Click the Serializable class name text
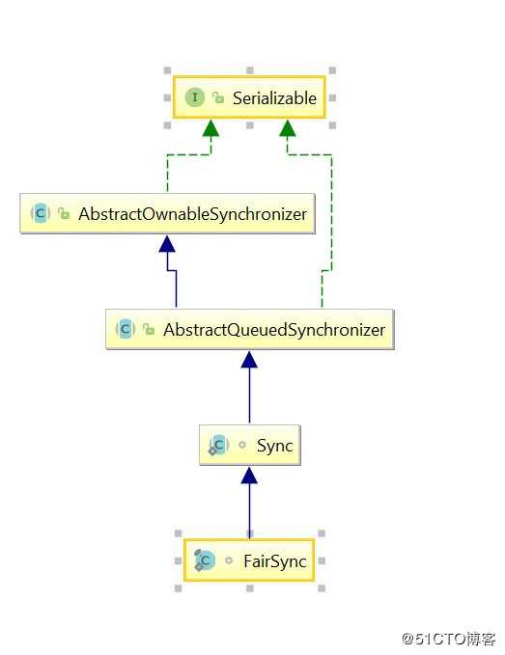pos(274,98)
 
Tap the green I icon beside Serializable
pos(195,97)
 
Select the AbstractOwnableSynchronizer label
pos(192,214)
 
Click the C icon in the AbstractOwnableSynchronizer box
pos(41,213)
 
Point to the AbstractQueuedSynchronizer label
pos(274,330)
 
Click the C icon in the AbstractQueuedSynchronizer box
pos(125,329)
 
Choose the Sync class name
pos(274,446)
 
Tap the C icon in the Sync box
pos(218,446)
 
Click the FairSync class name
pos(275,561)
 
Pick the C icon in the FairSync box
pos(205,560)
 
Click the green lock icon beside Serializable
pos(218,97)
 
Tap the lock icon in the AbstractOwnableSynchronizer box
pos(64,213)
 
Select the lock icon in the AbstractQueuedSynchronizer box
pos(149,329)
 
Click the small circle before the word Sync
pos(242,445)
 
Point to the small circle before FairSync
pos(229,560)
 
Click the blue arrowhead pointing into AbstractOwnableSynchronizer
pos(167,244)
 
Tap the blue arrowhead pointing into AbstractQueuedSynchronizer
pos(249,360)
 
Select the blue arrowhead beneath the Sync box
pos(249,476)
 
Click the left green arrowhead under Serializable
pos(210,128)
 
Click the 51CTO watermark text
pos(449,639)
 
